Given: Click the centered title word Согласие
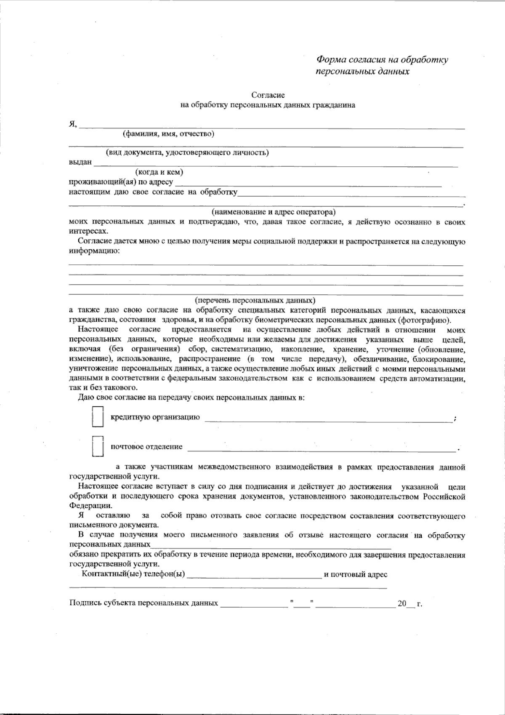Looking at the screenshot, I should click(x=268, y=96).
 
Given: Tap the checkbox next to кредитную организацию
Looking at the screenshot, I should click(x=98, y=417).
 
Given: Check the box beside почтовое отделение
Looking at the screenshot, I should click(x=98, y=446).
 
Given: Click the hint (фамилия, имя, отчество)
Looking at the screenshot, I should click(x=168, y=134).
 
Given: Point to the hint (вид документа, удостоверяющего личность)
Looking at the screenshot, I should click(x=187, y=152).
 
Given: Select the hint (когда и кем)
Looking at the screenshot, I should click(x=159, y=172).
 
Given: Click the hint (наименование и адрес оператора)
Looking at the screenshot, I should click(x=274, y=211).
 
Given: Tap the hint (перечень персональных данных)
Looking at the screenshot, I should click(x=255, y=300).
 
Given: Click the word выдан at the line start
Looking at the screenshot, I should click(x=80, y=163).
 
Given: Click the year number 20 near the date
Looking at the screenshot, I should click(x=401, y=604).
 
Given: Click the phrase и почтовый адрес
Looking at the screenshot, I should click(x=356, y=574).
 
